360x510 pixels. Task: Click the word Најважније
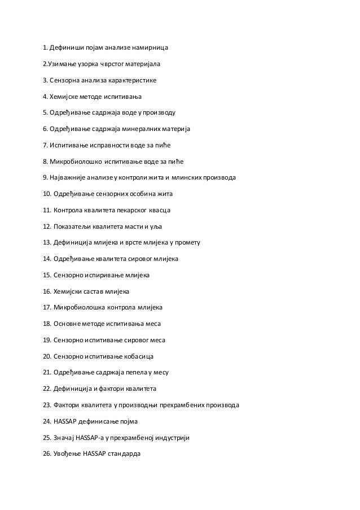[67, 178]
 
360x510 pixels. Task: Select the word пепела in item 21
[134, 373]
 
